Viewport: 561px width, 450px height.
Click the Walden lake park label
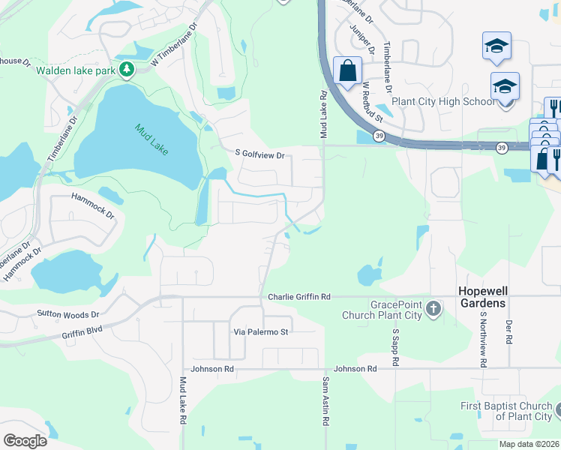point(74,70)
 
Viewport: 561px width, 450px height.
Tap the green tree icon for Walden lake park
point(127,70)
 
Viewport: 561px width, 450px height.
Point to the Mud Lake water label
point(152,139)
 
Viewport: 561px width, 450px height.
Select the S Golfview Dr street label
point(260,155)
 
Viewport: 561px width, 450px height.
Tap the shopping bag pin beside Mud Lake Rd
point(347,72)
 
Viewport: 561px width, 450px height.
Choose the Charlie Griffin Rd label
point(299,297)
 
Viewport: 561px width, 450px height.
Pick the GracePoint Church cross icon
point(433,308)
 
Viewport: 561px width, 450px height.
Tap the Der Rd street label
point(508,330)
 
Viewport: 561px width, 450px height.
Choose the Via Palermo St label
point(261,331)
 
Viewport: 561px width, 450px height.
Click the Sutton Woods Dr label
point(68,314)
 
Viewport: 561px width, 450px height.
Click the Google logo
point(25,441)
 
